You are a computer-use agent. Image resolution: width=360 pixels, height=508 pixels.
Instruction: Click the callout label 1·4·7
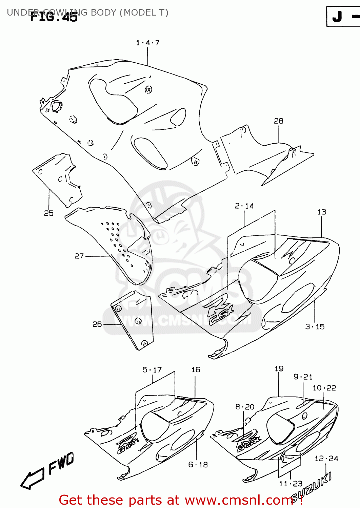(147, 43)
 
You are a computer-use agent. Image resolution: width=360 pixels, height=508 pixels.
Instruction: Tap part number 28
(278, 121)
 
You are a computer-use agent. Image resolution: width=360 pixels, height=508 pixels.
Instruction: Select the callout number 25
(49, 213)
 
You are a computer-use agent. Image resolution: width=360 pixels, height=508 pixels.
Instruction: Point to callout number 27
(79, 256)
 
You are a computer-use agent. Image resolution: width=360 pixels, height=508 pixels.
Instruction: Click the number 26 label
(97, 324)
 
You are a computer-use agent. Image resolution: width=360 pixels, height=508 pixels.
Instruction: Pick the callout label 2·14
(244, 206)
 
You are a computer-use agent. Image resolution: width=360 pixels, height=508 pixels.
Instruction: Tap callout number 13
(321, 212)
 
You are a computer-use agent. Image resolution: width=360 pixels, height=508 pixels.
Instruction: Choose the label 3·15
(315, 326)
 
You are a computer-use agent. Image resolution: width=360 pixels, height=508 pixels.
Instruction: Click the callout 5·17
(152, 370)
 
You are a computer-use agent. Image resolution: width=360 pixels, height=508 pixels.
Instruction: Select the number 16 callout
(196, 370)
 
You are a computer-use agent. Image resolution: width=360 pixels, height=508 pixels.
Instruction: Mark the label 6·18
(198, 465)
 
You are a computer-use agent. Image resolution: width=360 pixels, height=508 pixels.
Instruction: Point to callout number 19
(279, 369)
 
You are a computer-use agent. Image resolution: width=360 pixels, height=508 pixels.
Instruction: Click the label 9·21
(303, 377)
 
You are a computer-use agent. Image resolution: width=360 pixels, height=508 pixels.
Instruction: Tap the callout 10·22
(324, 388)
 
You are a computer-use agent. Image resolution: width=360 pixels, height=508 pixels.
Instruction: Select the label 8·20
(245, 407)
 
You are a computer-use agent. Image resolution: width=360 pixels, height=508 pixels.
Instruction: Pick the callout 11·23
(291, 484)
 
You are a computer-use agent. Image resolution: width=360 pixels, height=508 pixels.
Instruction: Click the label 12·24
(326, 459)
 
